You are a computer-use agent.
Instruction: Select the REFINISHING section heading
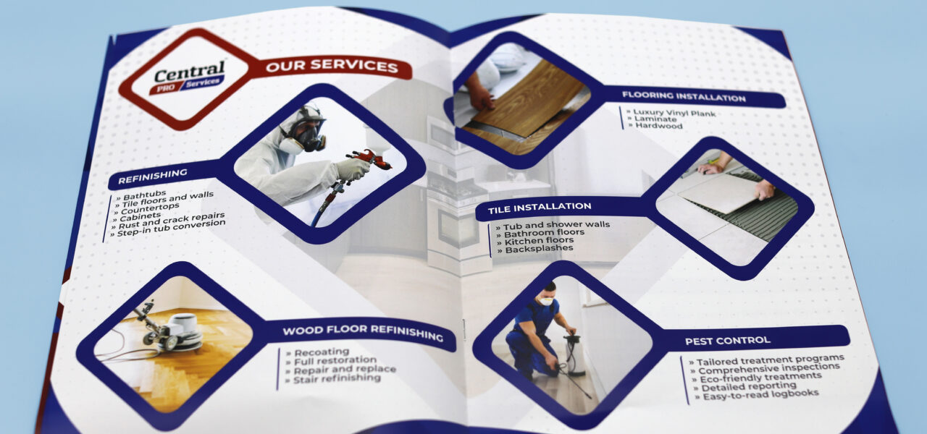(x=152, y=176)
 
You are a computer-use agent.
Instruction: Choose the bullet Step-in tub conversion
(x=169, y=228)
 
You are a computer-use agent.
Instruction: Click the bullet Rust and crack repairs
(x=169, y=221)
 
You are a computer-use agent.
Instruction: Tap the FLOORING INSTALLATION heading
(x=684, y=97)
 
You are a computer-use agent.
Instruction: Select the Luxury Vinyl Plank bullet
(x=671, y=112)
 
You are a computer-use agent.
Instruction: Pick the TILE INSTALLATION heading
(x=540, y=208)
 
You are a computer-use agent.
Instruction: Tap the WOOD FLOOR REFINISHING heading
(x=363, y=332)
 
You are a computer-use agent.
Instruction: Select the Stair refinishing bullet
(x=332, y=378)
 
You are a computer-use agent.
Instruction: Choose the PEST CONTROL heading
(x=728, y=341)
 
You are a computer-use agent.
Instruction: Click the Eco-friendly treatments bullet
(x=756, y=378)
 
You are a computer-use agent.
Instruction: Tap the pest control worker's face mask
(x=546, y=301)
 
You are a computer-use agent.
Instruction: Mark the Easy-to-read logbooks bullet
(x=757, y=395)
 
